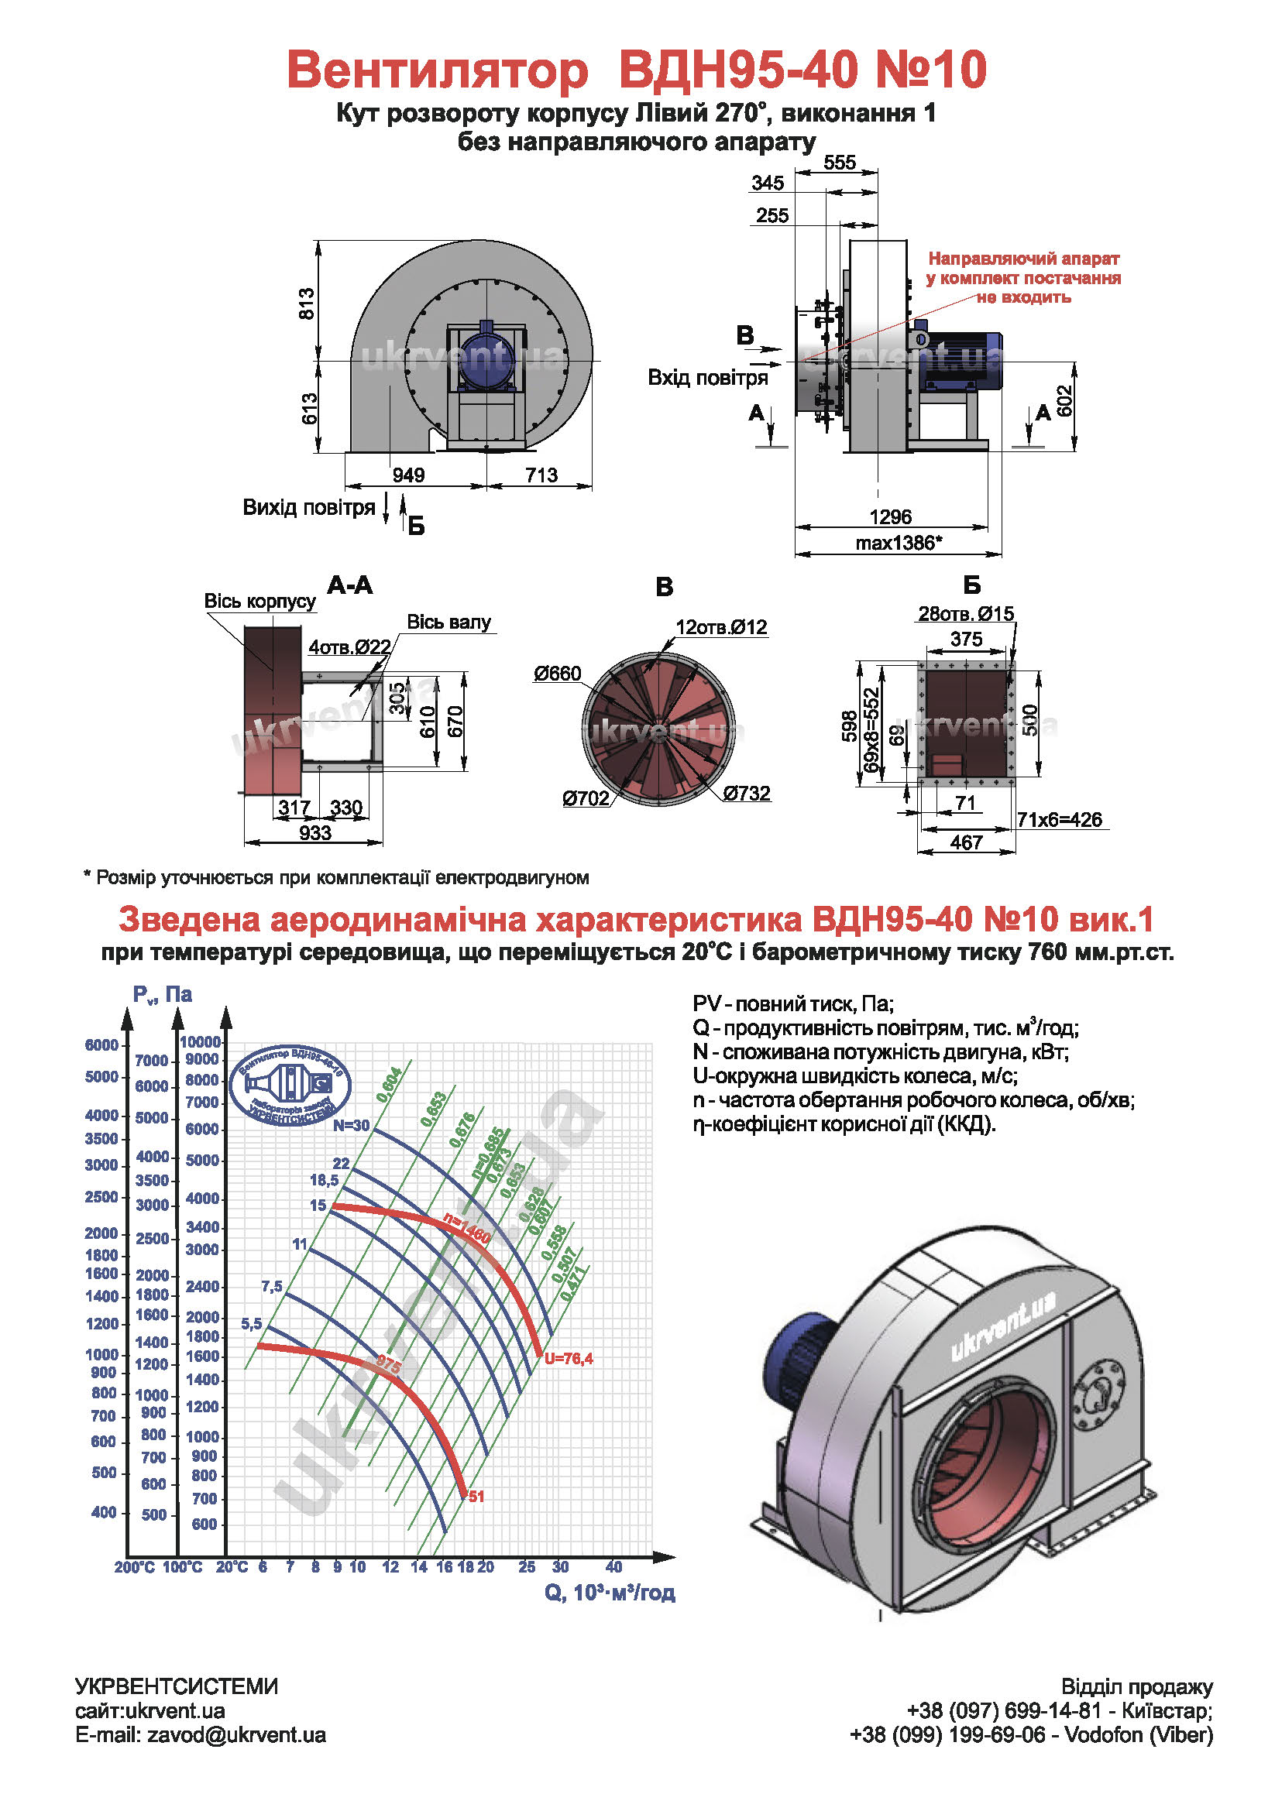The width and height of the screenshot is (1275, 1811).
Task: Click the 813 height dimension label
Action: point(306,304)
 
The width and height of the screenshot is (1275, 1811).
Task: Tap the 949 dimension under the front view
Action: point(408,475)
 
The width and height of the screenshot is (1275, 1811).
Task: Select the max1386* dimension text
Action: point(899,543)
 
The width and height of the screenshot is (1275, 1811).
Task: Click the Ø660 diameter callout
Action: point(557,674)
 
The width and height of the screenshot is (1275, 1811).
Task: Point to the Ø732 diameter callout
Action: point(747,793)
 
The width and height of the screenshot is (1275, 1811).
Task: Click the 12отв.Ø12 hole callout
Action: point(721,627)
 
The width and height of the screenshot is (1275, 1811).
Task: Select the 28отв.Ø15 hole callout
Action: point(965,614)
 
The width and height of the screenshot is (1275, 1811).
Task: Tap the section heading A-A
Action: point(349,585)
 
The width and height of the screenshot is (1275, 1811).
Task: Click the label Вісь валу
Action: point(448,623)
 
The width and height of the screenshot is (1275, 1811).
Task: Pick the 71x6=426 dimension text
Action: point(1059,819)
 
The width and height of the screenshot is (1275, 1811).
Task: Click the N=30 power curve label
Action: point(350,1125)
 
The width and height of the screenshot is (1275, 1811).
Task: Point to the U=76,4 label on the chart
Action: point(568,1358)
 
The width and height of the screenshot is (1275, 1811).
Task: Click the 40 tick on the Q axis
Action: point(613,1566)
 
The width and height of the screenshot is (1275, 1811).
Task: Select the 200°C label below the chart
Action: point(134,1567)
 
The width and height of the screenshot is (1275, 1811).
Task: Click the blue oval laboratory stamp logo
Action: point(290,1086)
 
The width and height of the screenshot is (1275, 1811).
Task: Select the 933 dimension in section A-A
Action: point(314,833)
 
